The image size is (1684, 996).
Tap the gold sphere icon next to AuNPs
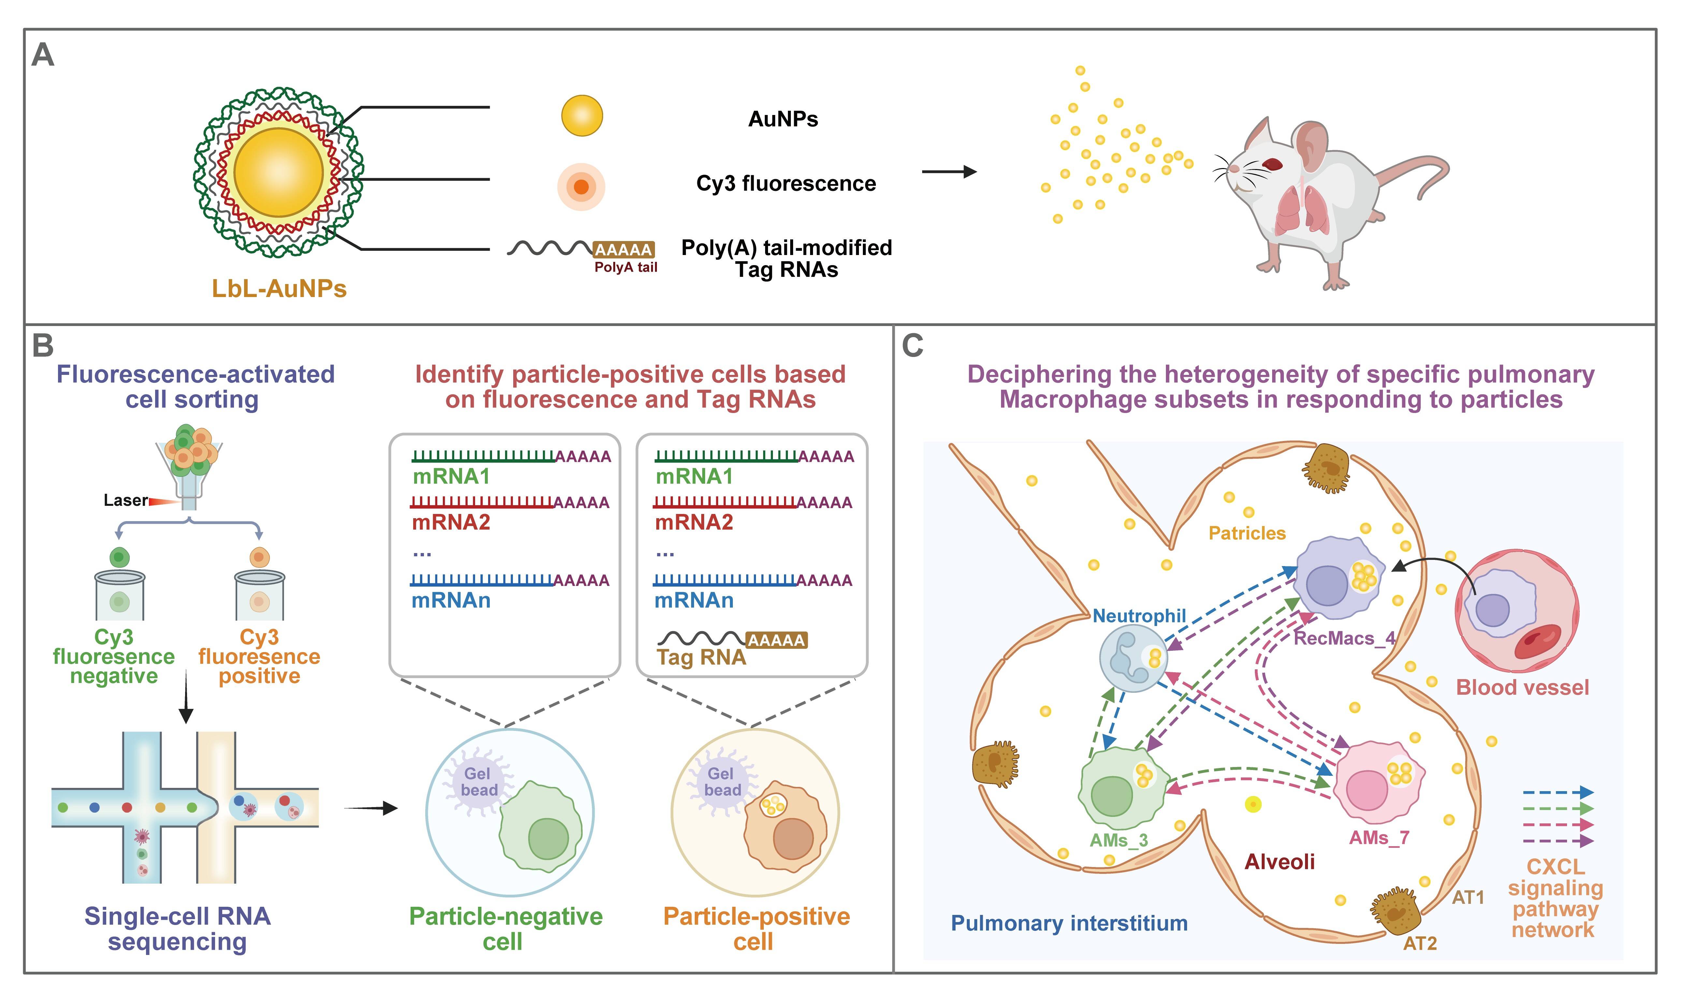[x=581, y=115]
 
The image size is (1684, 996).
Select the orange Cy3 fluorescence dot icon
[x=581, y=187]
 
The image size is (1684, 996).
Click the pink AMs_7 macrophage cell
[x=1376, y=782]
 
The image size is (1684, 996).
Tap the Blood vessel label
[x=1522, y=687]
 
